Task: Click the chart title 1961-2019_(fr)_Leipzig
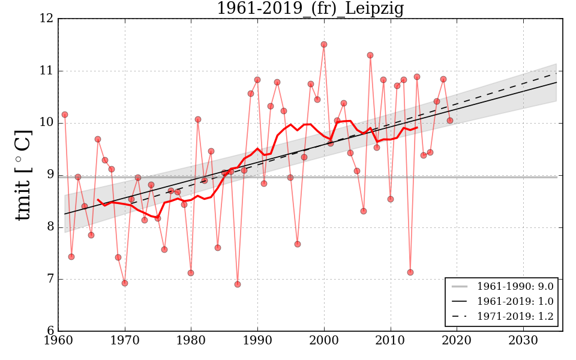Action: click(x=310, y=9)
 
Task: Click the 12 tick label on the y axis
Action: click(x=47, y=19)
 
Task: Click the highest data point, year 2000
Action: click(x=324, y=44)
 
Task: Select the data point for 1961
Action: click(x=65, y=115)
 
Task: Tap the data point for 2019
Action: click(x=450, y=121)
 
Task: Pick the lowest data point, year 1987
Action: click(x=238, y=284)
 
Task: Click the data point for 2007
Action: click(x=370, y=55)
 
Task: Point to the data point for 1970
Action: click(x=125, y=283)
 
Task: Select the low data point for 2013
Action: click(x=410, y=272)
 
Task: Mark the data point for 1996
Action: click(x=298, y=244)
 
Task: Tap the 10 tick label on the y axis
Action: click(x=47, y=123)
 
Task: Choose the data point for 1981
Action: click(x=198, y=119)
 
